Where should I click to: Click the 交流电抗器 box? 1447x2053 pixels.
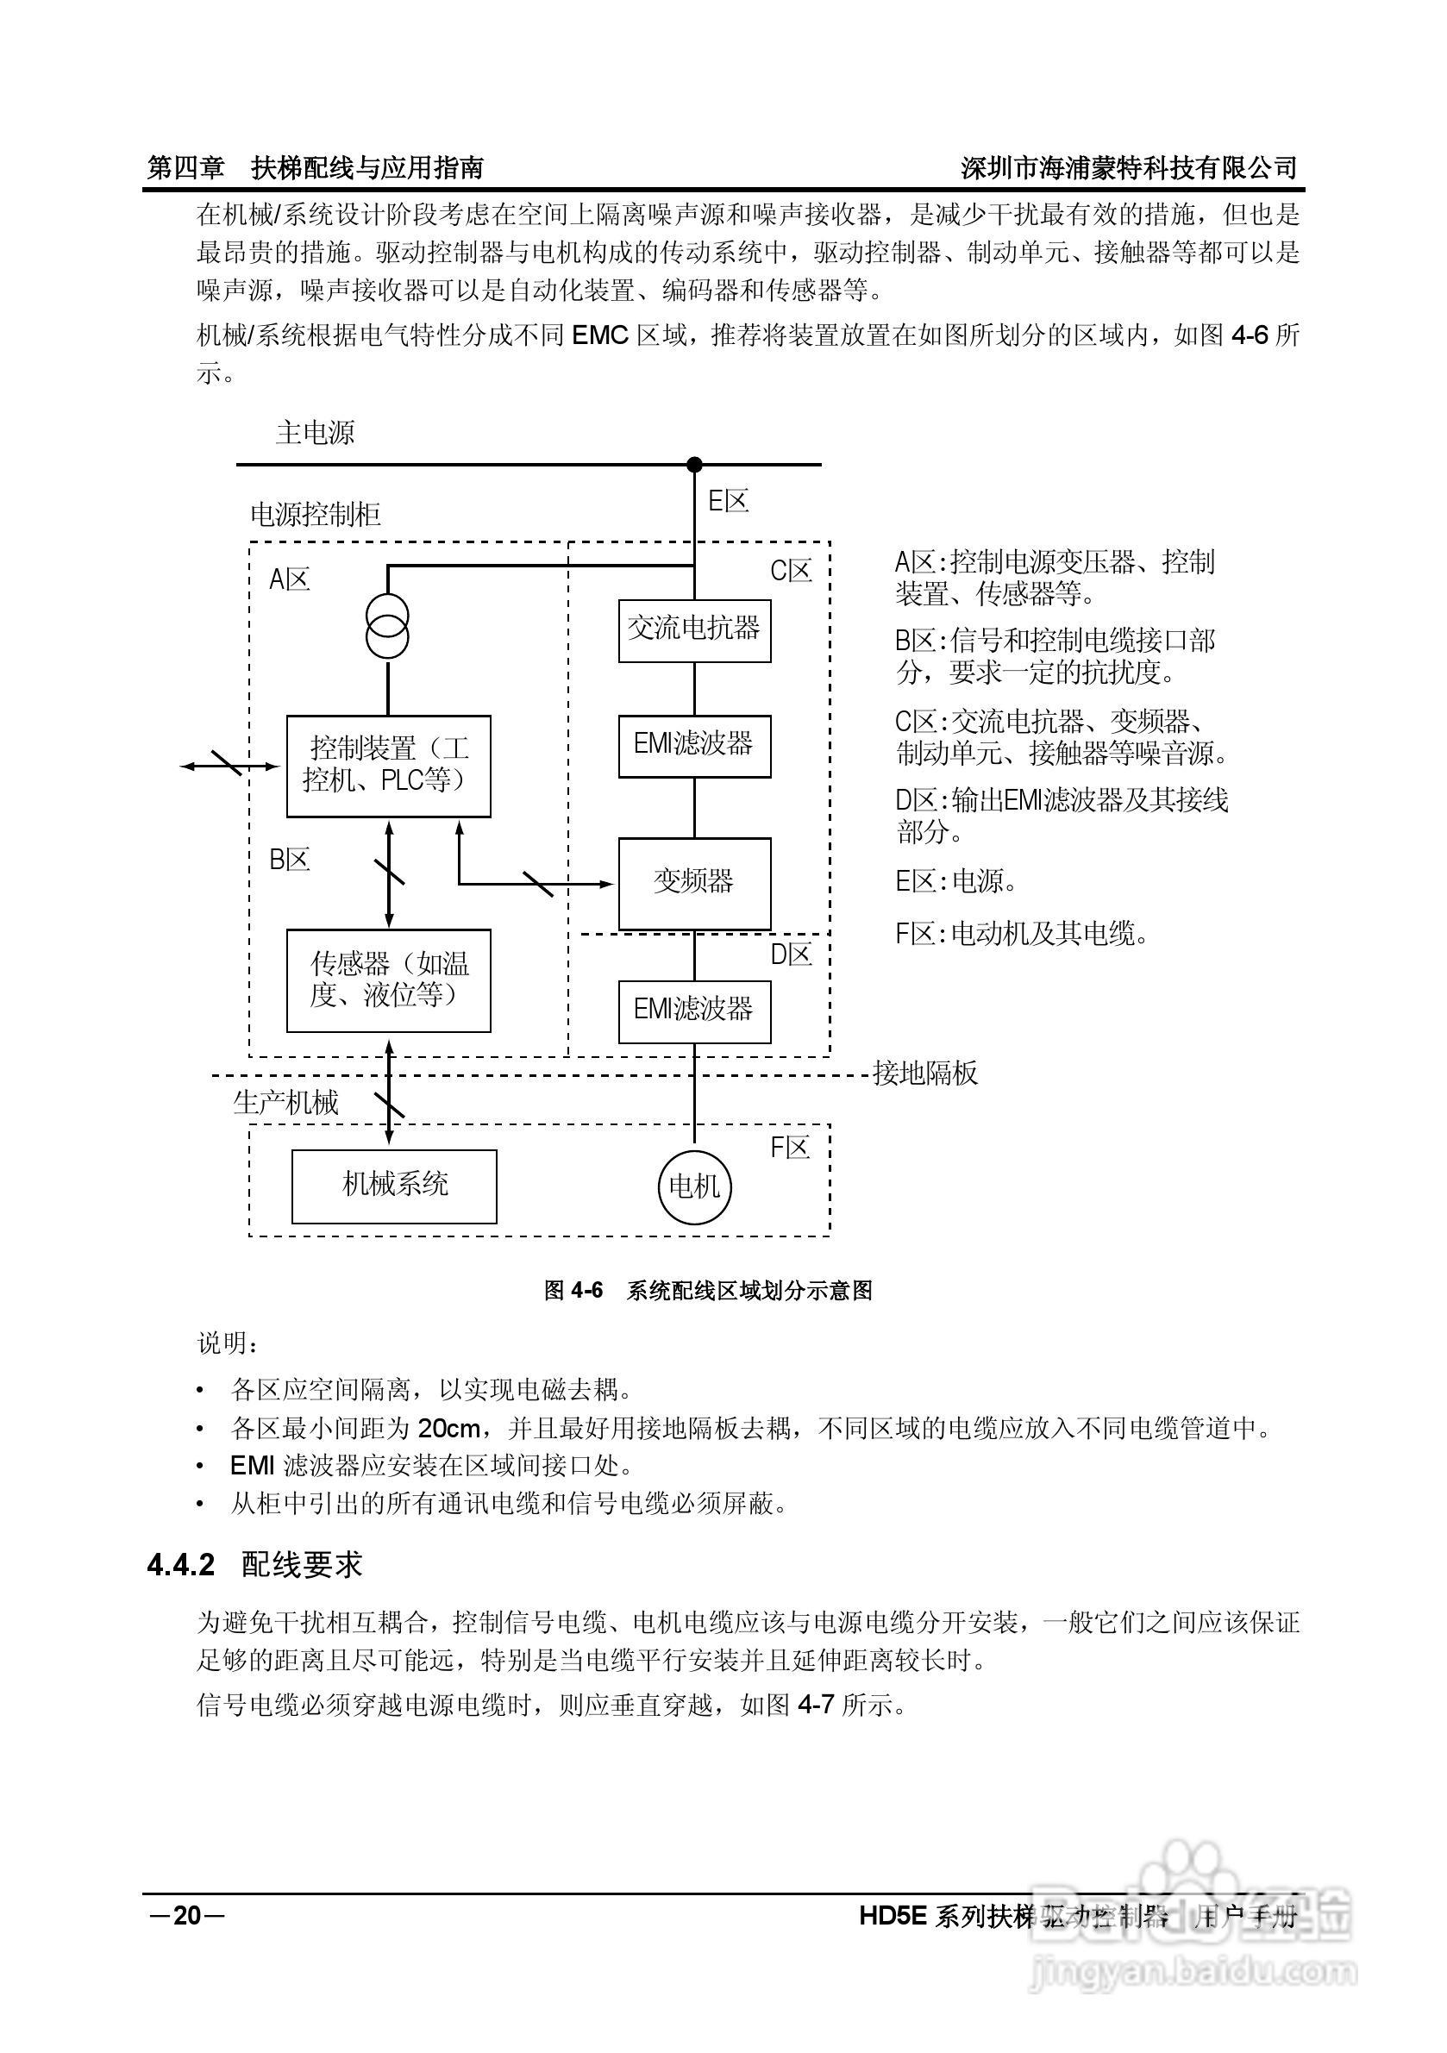pyautogui.click(x=694, y=630)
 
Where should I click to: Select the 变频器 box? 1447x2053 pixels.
pyautogui.click(x=694, y=884)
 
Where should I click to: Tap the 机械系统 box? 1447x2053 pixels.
pyautogui.click(x=394, y=1186)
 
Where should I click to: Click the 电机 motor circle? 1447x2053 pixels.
pyautogui.click(x=695, y=1187)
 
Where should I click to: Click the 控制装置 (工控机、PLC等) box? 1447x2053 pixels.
pyautogui.click(x=388, y=766)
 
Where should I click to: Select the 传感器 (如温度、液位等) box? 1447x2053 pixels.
pyautogui.click(x=388, y=980)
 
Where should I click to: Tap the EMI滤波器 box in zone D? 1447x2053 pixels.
pyautogui.click(x=694, y=1011)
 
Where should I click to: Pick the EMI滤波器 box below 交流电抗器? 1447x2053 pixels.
pyautogui.click(x=694, y=746)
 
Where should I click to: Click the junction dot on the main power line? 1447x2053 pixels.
pyautogui.click(x=694, y=464)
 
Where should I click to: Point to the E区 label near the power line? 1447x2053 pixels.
pyautogui.click(x=728, y=502)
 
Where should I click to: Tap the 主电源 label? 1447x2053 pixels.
pyautogui.click(x=315, y=434)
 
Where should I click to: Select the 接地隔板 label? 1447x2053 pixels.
pyautogui.click(x=924, y=1073)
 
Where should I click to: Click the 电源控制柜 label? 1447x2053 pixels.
pyautogui.click(x=315, y=515)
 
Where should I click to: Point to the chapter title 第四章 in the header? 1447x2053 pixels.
pyautogui.click(x=186, y=167)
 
